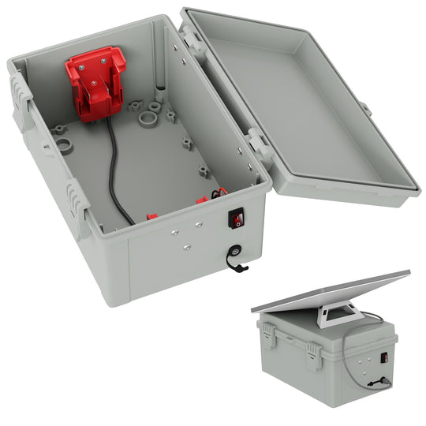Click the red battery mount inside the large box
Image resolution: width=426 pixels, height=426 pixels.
pos(96,83)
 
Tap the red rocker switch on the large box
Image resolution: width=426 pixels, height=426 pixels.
pos(235,218)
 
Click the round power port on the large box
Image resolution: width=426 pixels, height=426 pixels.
pos(236,253)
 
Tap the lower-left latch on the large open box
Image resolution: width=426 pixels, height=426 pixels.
pos(75,201)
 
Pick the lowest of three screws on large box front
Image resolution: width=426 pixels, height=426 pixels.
pos(186,246)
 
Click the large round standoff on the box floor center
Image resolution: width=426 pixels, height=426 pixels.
pos(146,121)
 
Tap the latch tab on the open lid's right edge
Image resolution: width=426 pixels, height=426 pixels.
pos(366,108)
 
